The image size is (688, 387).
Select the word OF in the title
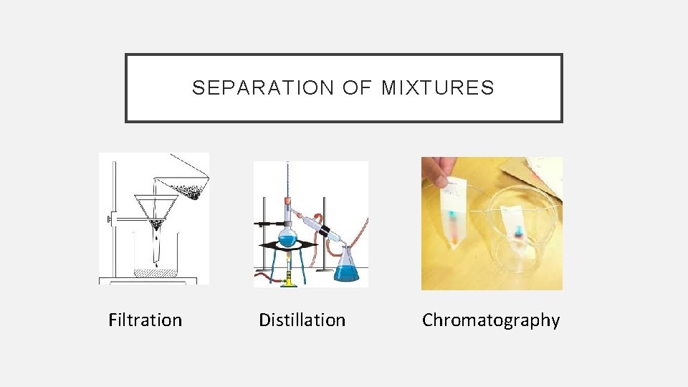(x=356, y=88)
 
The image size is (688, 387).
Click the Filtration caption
(x=145, y=320)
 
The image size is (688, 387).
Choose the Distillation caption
(x=302, y=320)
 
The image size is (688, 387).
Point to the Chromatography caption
(x=491, y=320)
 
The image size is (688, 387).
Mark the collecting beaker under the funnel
(x=155, y=258)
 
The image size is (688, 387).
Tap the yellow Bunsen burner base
(x=289, y=282)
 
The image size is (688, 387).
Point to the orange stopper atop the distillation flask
(x=286, y=201)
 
